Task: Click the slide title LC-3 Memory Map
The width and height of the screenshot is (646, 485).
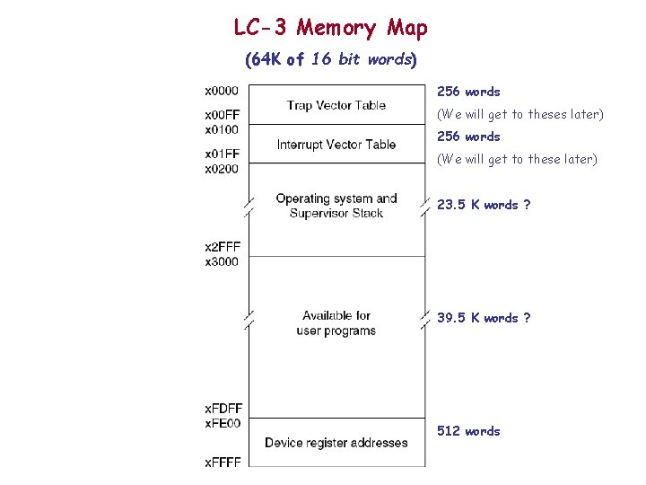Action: tap(330, 28)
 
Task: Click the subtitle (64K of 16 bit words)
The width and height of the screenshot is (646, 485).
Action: tap(330, 60)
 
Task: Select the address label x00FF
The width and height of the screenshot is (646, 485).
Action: tap(222, 115)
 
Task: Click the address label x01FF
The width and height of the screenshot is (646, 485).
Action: tap(222, 154)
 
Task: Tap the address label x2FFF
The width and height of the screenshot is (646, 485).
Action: tap(223, 247)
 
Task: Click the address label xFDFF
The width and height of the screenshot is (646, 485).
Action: tap(223, 410)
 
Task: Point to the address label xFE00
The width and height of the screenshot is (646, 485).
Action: tap(223, 424)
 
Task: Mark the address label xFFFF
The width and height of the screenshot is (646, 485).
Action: tap(223, 463)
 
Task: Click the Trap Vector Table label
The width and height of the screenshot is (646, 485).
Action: tap(336, 105)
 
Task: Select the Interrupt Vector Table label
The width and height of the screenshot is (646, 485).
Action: tap(336, 145)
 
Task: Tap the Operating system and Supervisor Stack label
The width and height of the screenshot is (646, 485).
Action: tap(336, 206)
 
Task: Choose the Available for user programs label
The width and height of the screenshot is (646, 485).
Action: tap(336, 323)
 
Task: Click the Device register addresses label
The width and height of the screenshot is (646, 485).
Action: tap(336, 443)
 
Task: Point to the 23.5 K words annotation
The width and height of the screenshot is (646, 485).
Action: tap(483, 205)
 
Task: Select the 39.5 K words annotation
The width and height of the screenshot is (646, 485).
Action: tap(483, 318)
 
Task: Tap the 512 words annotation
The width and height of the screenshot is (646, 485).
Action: tap(468, 431)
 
